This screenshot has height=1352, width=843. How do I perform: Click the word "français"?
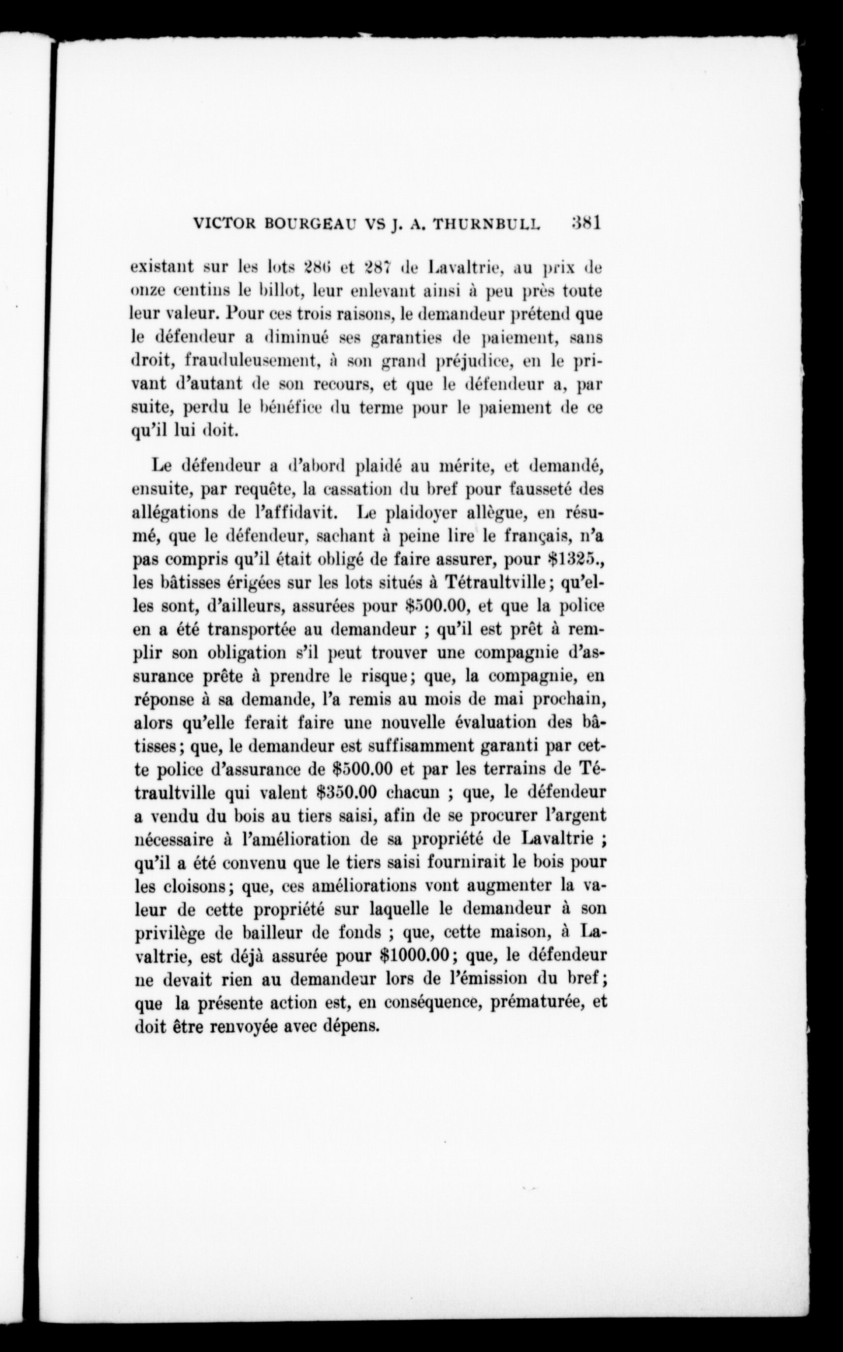click(538, 536)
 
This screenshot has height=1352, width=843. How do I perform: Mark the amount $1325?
click(574, 558)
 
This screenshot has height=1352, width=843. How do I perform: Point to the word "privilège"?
click(172, 933)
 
